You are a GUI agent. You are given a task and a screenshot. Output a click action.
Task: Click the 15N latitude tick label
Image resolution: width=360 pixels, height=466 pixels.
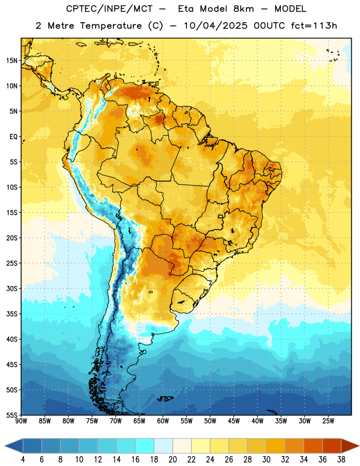pyautogui.click(x=12, y=61)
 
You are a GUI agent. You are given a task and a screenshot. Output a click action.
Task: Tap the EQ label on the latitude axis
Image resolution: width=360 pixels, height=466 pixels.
pyautogui.click(x=13, y=137)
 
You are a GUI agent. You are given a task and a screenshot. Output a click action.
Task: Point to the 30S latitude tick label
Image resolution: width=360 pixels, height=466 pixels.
pyautogui.click(x=12, y=288)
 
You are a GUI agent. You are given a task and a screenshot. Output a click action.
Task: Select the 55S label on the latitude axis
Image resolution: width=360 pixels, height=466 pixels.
pyautogui.click(x=12, y=415)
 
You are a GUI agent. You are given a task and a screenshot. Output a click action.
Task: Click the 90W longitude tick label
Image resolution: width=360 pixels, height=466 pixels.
pyautogui.click(x=21, y=421)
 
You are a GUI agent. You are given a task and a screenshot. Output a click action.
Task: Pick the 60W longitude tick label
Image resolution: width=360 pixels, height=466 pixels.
pyautogui.click(x=163, y=421)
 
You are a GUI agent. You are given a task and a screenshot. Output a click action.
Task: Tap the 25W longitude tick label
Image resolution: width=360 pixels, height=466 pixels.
pyautogui.click(x=328, y=421)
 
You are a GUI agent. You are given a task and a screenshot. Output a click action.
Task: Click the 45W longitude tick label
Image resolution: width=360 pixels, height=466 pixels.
pyautogui.click(x=234, y=421)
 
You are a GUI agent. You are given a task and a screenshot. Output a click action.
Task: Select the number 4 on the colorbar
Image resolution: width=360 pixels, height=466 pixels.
pyautogui.click(x=23, y=460)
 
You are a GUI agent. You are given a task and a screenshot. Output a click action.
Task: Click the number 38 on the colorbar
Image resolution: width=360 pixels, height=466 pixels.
pyautogui.click(x=341, y=460)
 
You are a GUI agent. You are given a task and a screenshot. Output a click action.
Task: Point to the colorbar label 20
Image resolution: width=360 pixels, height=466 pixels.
pyautogui.click(x=172, y=460)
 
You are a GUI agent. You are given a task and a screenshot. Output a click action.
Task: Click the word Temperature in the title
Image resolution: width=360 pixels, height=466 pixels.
pyautogui.click(x=111, y=26)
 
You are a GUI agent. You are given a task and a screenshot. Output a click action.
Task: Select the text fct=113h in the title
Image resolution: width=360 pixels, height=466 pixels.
pyautogui.click(x=314, y=26)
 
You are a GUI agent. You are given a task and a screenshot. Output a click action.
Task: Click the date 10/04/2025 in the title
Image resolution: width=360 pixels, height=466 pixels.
pyautogui.click(x=216, y=26)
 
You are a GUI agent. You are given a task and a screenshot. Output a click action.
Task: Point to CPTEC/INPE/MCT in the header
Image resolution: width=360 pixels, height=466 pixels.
pyautogui.click(x=110, y=9)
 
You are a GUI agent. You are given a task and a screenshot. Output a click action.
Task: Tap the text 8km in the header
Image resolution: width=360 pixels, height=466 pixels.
pyautogui.click(x=243, y=9)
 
